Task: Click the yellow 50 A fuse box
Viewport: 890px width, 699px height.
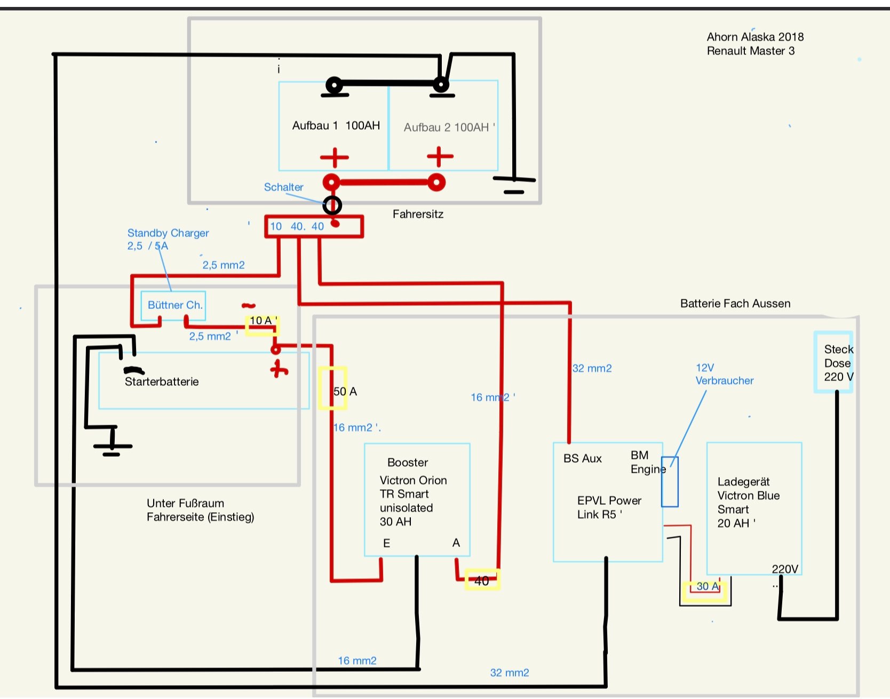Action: click(332, 388)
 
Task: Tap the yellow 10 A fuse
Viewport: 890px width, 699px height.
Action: click(262, 325)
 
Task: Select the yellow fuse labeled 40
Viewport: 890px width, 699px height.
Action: click(482, 580)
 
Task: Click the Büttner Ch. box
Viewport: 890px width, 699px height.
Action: click(173, 305)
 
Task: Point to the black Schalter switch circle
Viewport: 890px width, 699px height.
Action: click(332, 205)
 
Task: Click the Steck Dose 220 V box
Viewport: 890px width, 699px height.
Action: click(833, 362)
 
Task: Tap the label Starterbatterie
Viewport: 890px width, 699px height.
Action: click(162, 382)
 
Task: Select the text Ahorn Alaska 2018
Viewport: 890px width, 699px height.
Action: click(755, 37)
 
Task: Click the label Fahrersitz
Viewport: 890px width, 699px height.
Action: click(418, 214)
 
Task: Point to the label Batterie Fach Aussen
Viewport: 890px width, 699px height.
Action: click(735, 304)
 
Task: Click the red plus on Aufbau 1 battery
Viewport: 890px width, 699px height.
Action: click(335, 157)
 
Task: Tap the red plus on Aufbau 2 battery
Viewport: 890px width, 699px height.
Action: click(440, 157)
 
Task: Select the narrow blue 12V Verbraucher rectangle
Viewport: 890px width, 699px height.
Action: click(670, 481)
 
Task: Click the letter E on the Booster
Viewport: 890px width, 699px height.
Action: click(386, 543)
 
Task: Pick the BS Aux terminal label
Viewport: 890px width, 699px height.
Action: click(582, 458)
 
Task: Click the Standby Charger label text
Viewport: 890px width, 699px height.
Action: click(168, 233)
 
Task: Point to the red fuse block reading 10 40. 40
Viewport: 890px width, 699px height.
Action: click(314, 226)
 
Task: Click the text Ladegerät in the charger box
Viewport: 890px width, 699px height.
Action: click(743, 482)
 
